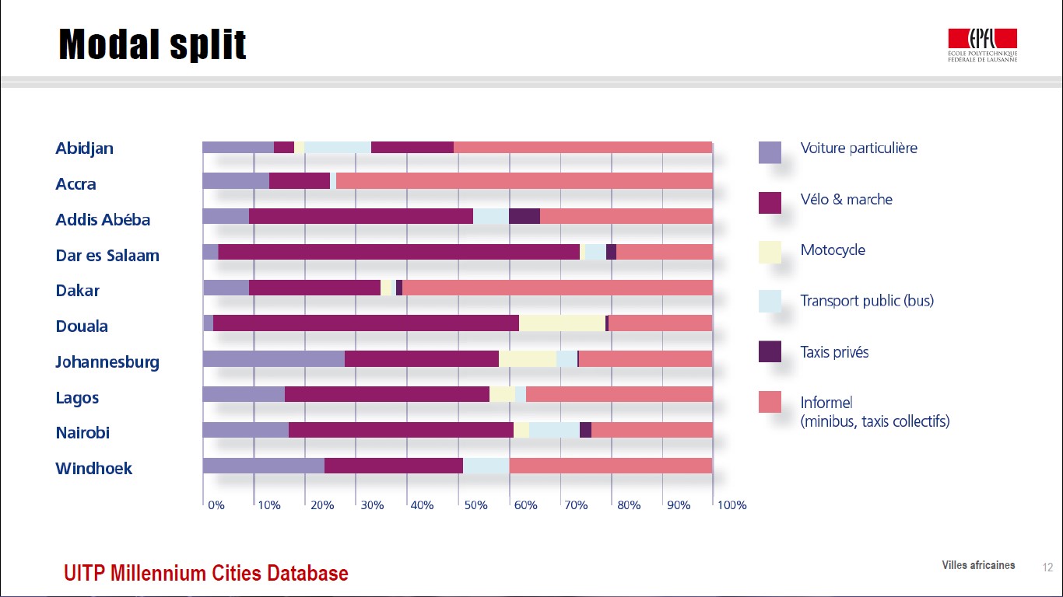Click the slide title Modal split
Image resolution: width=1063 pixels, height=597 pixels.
point(153,44)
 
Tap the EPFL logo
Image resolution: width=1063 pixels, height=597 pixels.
point(982,45)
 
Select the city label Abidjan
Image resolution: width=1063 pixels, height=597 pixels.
point(84,148)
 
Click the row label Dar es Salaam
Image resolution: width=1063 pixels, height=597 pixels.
point(107,256)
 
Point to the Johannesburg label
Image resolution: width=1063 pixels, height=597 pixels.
point(107,362)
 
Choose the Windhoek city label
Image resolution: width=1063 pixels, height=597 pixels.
point(94,469)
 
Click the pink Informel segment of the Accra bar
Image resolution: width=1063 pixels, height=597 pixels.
point(524,181)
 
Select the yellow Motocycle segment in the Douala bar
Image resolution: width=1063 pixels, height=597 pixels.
point(562,323)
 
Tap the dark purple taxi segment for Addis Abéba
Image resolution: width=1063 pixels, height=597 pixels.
point(524,217)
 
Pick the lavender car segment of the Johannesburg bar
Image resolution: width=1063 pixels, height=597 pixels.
point(273,359)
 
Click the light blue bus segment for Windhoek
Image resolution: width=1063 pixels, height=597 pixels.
point(486,466)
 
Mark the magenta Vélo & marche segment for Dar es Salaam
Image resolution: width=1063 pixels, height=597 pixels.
point(398,252)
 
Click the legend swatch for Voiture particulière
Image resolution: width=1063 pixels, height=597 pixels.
point(770,152)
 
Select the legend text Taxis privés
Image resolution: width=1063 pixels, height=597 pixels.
point(834,352)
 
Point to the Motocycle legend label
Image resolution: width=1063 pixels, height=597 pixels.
point(833,250)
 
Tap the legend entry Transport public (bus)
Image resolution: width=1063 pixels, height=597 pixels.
point(867,301)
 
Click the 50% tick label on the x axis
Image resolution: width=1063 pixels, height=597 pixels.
point(475,505)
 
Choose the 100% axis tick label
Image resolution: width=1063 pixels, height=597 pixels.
point(731,505)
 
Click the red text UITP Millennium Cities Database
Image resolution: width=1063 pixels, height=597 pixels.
point(206,574)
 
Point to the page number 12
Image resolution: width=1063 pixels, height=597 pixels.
point(1047,567)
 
